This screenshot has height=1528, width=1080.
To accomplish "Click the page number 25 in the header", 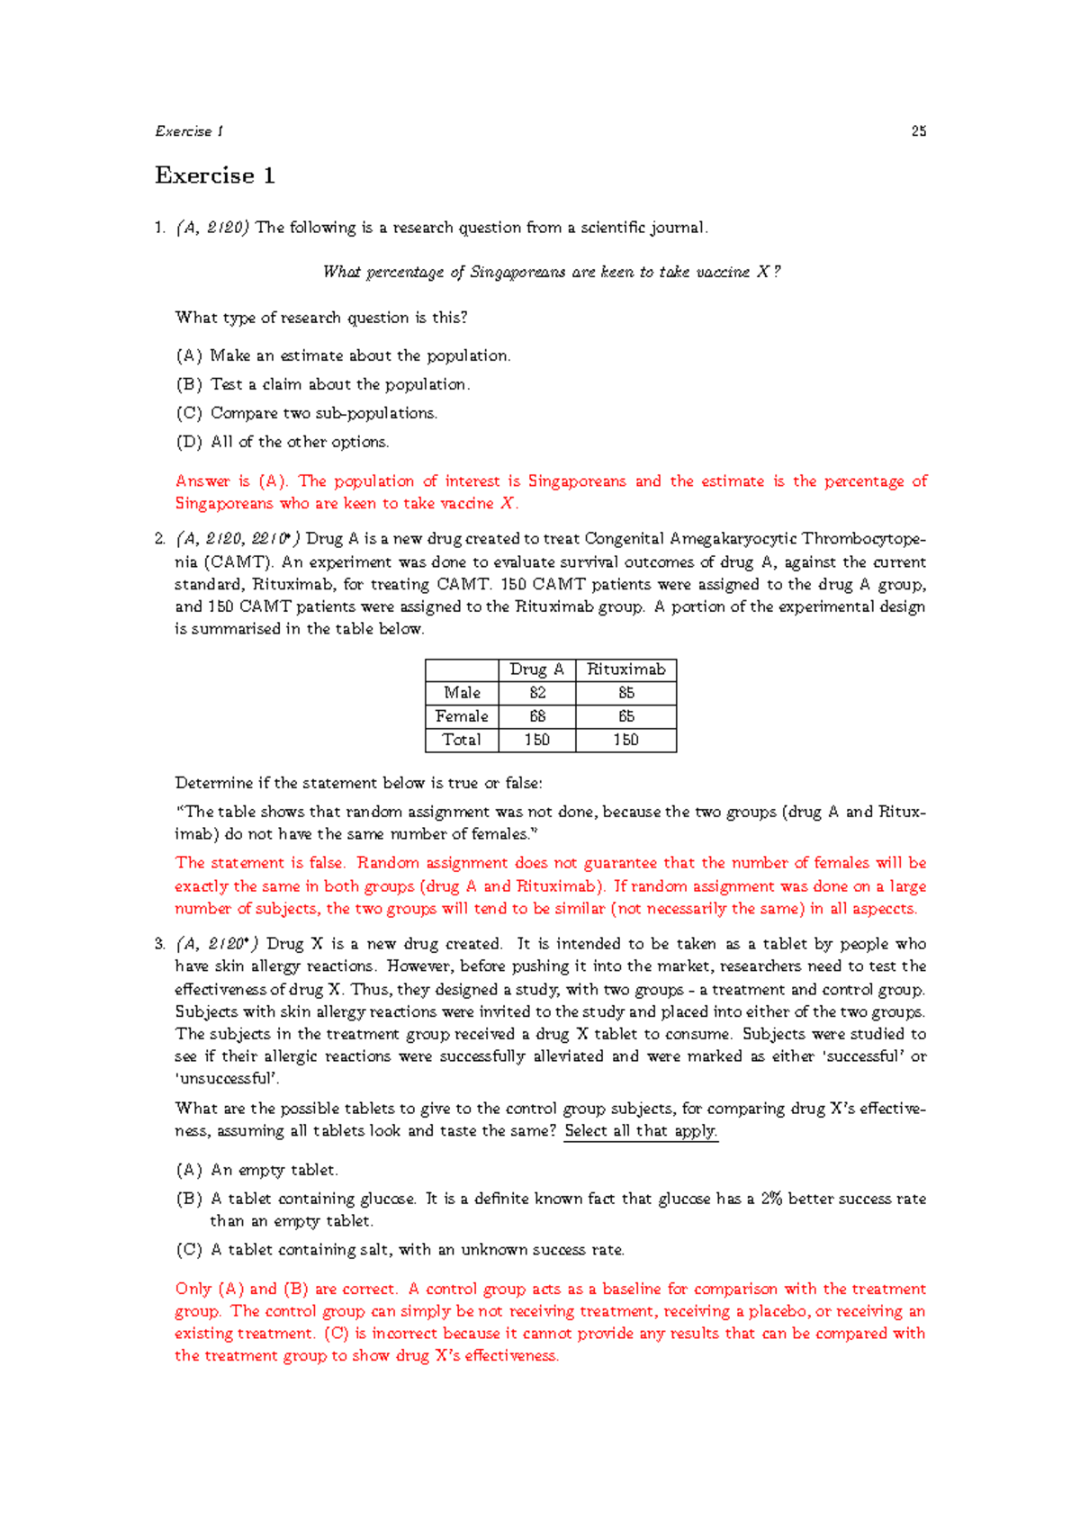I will (918, 131).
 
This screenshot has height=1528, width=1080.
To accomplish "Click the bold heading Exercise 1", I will (214, 175).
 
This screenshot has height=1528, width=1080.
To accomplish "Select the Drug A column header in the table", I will (536, 670).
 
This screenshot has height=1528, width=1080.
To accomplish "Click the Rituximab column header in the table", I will (625, 670).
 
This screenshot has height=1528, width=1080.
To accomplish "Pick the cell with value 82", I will (537, 693).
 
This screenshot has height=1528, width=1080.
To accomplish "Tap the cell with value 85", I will (625, 693).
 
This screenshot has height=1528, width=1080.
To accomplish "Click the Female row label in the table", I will (462, 716).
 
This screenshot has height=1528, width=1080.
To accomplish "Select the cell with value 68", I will (537, 716).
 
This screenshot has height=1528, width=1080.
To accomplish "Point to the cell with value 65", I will (625, 716).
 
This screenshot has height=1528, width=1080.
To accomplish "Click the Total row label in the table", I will (462, 740).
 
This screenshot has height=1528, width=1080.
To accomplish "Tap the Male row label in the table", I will (462, 693).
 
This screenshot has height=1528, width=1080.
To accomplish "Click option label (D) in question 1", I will (189, 442).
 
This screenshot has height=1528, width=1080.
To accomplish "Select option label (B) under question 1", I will (189, 384).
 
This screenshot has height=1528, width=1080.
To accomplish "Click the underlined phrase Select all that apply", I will (640, 1131).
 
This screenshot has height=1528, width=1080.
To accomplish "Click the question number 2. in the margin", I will (159, 539).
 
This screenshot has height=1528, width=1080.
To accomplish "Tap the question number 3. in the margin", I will (159, 944).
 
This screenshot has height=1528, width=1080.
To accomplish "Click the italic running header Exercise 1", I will (188, 131).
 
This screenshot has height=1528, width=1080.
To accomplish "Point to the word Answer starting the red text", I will (202, 481).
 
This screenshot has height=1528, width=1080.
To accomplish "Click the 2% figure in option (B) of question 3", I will (771, 1199).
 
